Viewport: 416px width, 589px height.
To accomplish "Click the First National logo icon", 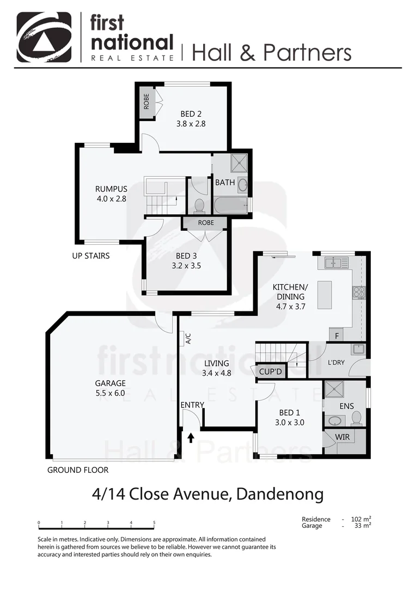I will click(x=44, y=37).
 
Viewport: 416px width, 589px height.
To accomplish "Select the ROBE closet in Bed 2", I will click(x=146, y=101).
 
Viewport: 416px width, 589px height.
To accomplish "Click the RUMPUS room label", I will click(x=111, y=189).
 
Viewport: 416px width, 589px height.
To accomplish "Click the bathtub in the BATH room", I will click(x=230, y=206).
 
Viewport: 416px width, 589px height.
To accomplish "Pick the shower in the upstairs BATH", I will click(x=238, y=163).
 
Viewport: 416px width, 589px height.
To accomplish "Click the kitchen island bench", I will click(x=324, y=295).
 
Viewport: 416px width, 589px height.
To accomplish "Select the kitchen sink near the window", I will click(x=337, y=263).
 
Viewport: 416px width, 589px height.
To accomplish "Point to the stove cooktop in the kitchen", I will click(x=358, y=292).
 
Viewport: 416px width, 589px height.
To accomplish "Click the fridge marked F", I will click(x=337, y=335).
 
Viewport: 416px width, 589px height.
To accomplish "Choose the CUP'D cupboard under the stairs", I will click(x=270, y=372).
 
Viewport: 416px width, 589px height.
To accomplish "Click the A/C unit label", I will click(x=188, y=339).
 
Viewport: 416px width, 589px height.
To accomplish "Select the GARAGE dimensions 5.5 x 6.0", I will click(x=111, y=393).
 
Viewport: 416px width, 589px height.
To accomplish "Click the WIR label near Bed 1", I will click(x=342, y=437).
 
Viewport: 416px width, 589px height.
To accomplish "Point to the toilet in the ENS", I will click(x=357, y=418).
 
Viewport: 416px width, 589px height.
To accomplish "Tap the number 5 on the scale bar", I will click(x=154, y=522).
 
